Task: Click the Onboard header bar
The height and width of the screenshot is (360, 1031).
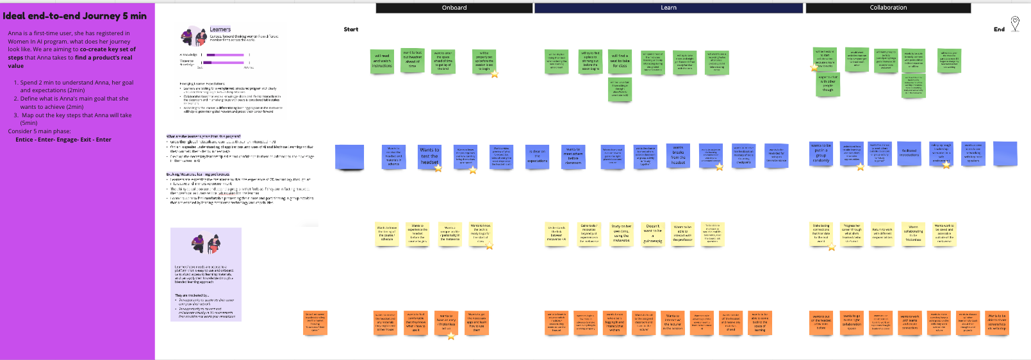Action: point(454,8)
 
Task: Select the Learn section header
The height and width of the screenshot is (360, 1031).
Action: point(668,8)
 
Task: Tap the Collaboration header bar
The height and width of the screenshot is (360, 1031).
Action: point(887,8)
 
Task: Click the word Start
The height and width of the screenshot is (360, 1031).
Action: point(351,29)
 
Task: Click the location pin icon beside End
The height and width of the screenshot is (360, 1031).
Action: point(1015,24)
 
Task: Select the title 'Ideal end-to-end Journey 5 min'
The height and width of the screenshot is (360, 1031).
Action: point(74,16)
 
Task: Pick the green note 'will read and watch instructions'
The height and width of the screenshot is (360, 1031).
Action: point(382,61)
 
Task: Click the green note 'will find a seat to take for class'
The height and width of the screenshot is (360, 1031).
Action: point(620,61)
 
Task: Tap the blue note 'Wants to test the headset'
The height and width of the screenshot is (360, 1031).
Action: point(429,156)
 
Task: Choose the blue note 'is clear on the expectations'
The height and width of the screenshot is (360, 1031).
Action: point(538,156)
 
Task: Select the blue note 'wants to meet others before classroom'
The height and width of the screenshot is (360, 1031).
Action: point(573,156)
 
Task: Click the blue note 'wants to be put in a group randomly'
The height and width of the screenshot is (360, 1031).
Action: point(821,154)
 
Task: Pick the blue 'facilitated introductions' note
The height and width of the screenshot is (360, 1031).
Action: point(909,154)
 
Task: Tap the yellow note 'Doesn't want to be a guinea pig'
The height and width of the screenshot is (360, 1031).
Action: point(652,234)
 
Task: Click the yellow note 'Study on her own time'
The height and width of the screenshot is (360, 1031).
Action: point(621,233)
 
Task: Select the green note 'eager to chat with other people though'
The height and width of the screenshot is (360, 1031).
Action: point(828,84)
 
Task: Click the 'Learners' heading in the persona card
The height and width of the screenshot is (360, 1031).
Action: point(220,29)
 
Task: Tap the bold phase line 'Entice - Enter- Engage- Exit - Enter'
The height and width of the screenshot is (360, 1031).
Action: point(63,140)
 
